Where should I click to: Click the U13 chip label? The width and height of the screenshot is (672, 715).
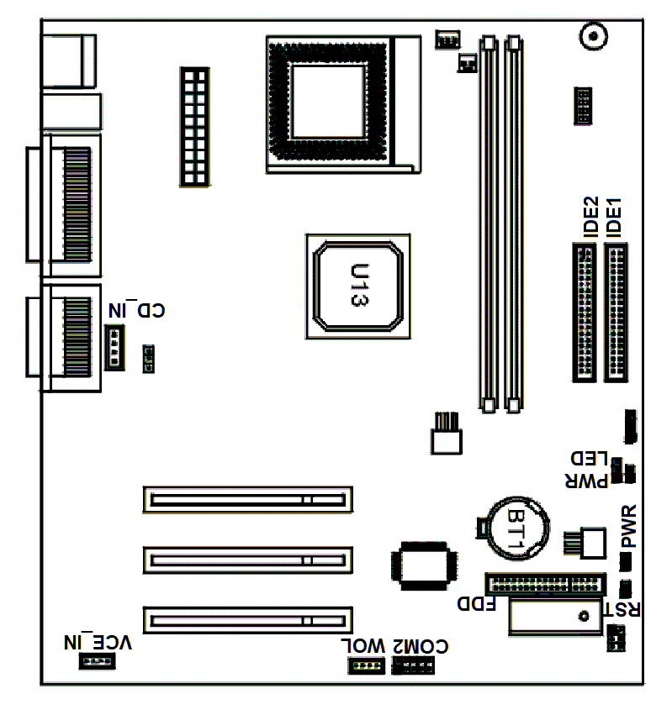tap(360, 285)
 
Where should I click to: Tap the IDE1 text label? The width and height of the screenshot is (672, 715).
tap(614, 218)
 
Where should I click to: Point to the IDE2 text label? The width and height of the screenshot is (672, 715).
tap(591, 217)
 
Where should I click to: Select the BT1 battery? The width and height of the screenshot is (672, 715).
tap(519, 528)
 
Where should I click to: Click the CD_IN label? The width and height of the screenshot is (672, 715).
tap(136, 310)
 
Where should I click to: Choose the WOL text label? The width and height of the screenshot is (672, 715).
tap(363, 646)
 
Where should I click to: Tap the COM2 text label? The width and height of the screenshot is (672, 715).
tap(421, 646)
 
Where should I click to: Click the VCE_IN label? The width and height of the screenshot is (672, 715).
tap(98, 643)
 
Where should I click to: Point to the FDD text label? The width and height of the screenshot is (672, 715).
tap(477, 604)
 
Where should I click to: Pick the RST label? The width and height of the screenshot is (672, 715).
tap(622, 609)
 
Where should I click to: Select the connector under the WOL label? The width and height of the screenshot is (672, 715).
tap(366, 665)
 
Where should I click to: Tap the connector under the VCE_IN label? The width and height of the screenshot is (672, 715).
tap(98, 661)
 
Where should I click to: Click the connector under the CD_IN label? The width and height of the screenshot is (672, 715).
tap(114, 347)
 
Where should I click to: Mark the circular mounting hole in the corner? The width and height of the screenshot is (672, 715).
tap(594, 35)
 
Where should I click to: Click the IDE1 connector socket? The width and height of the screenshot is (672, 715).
tap(616, 313)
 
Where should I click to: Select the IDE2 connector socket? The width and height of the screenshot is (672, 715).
tap(585, 313)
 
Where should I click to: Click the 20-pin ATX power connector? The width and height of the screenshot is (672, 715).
tap(195, 127)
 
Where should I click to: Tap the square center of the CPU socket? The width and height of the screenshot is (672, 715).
tap(329, 101)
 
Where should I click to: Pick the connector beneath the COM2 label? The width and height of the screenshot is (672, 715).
tap(413, 665)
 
